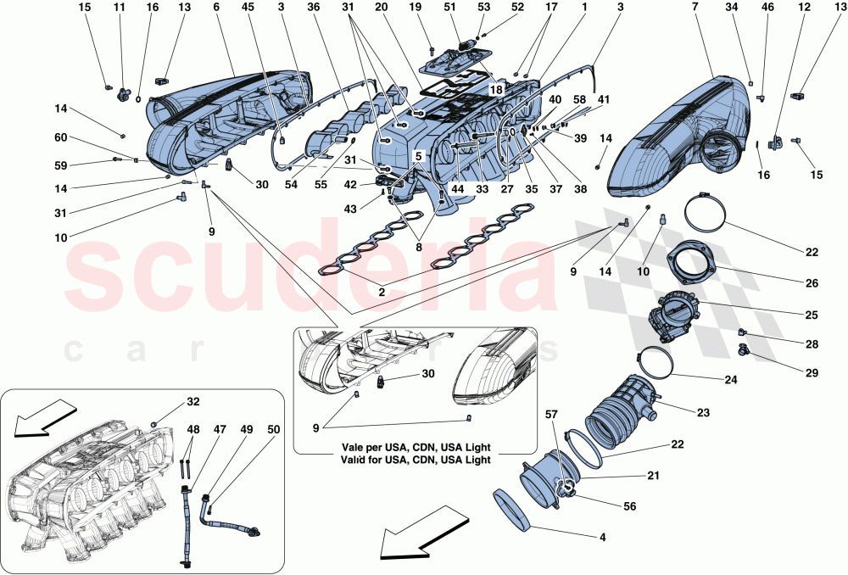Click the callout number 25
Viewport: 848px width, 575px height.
tap(812, 315)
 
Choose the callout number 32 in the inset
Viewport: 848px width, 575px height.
tap(194, 402)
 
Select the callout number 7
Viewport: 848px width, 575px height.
tap(694, 8)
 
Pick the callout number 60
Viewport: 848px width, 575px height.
tap(61, 137)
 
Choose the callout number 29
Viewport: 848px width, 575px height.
tap(812, 371)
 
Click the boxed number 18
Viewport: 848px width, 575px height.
tap(495, 88)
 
